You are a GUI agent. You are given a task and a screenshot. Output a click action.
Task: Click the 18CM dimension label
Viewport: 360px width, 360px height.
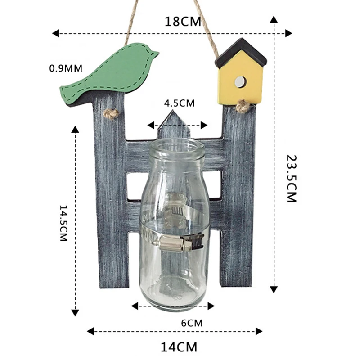pos(183,22)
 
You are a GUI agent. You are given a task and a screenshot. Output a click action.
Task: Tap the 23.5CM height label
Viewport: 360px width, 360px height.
pos(292,179)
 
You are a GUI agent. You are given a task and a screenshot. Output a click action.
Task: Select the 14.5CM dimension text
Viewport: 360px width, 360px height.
pos(63,223)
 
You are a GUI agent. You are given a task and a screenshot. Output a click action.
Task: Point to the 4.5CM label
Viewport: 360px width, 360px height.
pos(179,103)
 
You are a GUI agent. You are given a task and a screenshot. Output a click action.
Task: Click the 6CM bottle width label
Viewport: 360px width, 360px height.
pos(192,323)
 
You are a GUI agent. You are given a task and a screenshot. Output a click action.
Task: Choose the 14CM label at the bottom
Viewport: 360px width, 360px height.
pos(179,347)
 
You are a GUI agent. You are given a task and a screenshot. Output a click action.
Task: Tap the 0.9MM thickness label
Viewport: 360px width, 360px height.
pos(66,68)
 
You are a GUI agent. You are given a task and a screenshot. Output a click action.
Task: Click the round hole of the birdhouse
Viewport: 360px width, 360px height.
pos(240,81)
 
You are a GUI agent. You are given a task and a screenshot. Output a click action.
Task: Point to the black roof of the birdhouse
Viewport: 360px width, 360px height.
pos(241,52)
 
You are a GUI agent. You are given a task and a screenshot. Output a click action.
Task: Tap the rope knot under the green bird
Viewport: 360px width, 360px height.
pos(111,114)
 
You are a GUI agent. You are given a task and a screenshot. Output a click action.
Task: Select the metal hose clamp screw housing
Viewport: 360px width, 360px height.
pos(175,243)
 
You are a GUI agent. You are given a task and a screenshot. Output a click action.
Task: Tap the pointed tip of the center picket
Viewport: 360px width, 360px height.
pos(173,110)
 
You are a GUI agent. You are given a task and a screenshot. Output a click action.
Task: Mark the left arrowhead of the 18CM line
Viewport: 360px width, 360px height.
pos(55,33)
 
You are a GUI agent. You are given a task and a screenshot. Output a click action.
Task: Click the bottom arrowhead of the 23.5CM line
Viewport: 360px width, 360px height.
pos(274,289)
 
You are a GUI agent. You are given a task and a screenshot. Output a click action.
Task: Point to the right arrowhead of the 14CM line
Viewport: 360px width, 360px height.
pos(259,331)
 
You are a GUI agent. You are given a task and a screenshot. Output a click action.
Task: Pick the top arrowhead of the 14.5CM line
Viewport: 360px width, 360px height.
pos(75,130)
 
